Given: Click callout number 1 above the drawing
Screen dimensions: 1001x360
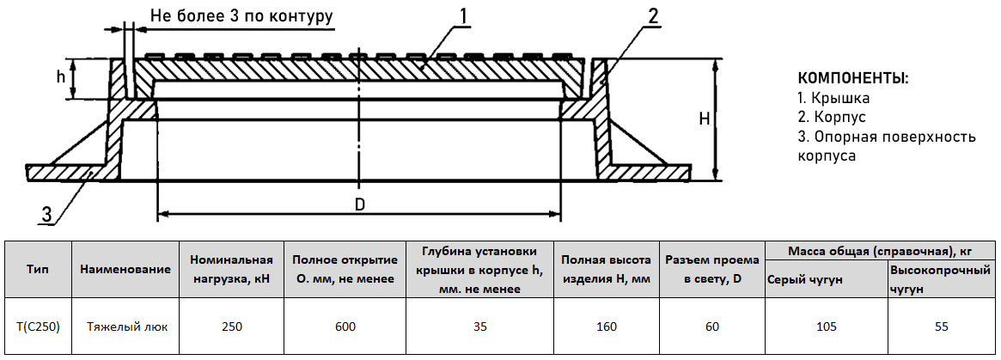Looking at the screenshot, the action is pyautogui.click(x=464, y=16).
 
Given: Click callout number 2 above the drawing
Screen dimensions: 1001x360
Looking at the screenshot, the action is pyautogui.click(x=652, y=16).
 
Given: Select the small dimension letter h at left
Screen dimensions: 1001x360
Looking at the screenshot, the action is pyautogui.click(x=61, y=76).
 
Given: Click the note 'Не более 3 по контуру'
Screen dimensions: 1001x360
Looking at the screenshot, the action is pyautogui.click(x=241, y=15).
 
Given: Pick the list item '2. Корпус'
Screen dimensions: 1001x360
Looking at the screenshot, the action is pyautogui.click(x=833, y=118).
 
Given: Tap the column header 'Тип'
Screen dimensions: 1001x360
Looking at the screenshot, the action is pyautogui.click(x=38, y=269).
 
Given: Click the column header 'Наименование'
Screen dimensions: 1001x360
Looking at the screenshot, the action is pyautogui.click(x=125, y=269).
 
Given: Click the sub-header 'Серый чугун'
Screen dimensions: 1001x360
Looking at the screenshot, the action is pyautogui.click(x=806, y=279).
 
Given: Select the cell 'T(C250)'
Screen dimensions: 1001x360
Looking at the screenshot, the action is pyautogui.click(x=38, y=326).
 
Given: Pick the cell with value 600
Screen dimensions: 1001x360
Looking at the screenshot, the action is pyautogui.click(x=345, y=326).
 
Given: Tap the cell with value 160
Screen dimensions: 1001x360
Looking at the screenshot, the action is pyautogui.click(x=607, y=326).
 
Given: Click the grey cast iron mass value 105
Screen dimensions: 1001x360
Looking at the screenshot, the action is pyautogui.click(x=826, y=326).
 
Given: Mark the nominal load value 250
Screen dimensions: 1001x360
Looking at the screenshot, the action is pyautogui.click(x=231, y=326).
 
